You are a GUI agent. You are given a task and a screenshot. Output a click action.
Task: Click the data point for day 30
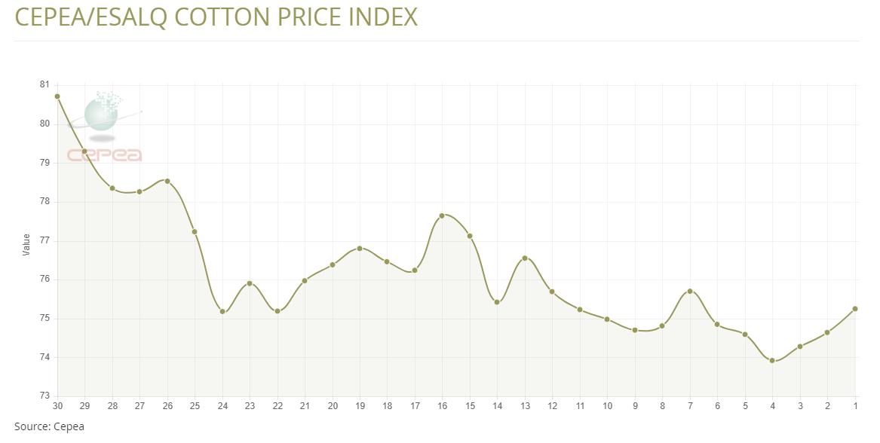(x=57, y=96)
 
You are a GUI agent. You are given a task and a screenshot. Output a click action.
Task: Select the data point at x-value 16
(x=442, y=215)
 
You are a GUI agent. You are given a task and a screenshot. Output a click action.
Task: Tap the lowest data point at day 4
(x=772, y=360)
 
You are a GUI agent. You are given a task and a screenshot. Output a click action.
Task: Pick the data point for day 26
(x=167, y=181)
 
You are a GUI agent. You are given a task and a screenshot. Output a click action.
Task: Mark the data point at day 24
(x=222, y=311)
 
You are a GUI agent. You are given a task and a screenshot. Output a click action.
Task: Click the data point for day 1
(x=855, y=309)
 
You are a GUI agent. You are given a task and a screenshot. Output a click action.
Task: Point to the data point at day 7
(x=690, y=291)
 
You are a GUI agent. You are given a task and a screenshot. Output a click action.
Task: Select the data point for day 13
(x=525, y=258)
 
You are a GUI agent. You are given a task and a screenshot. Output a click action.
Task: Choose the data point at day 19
(x=360, y=248)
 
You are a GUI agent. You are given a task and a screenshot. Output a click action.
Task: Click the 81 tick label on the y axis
(x=44, y=84)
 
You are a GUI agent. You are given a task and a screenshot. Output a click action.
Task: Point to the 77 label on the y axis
(x=44, y=240)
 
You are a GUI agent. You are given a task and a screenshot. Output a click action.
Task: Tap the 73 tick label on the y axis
(x=44, y=396)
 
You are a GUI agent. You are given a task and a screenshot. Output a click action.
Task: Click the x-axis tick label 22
(x=277, y=406)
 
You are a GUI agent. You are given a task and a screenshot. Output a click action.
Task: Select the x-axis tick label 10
(x=608, y=406)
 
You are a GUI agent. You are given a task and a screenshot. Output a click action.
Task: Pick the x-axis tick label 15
(x=470, y=406)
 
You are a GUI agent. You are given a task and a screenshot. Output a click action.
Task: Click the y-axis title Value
(x=26, y=244)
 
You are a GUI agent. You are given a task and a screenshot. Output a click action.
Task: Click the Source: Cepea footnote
(x=49, y=426)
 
